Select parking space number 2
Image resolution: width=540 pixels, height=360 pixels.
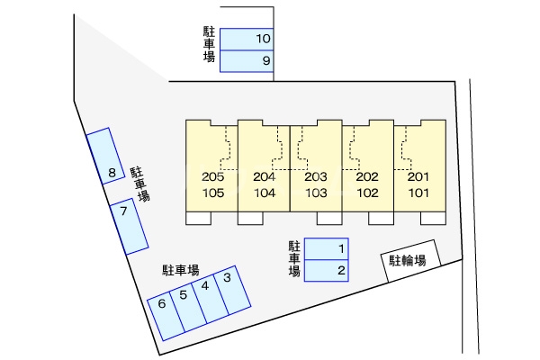pos(328,270)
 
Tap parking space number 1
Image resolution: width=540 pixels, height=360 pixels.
pos(328,248)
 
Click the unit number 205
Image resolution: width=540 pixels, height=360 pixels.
pos(213,177)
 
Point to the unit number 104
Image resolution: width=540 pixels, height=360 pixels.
pos(265,193)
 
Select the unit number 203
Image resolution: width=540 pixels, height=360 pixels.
pos(316,177)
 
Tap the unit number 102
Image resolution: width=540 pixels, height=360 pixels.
pos(367,193)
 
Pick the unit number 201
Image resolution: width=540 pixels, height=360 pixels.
pos(419,177)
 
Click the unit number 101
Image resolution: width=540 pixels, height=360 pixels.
pos(419,193)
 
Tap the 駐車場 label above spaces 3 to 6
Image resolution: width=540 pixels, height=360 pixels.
pos(181,269)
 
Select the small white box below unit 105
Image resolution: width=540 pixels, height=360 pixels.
pos(198,218)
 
